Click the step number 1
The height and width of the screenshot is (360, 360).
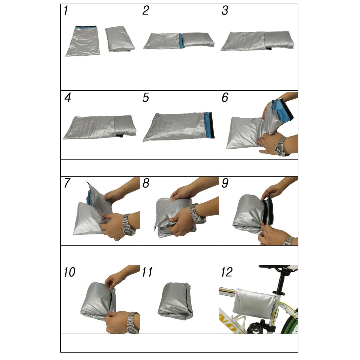(66, 11)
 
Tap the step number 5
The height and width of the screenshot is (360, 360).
(146, 97)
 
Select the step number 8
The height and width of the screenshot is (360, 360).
(146, 183)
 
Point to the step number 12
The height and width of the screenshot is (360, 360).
(227, 272)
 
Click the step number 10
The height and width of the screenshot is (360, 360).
(69, 272)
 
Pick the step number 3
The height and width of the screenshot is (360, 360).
(225, 11)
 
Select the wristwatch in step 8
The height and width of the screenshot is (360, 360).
(197, 214)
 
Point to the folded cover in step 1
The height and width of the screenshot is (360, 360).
(120, 39)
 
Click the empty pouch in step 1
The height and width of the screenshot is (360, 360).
(83, 41)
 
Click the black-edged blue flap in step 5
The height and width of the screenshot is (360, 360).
(209, 125)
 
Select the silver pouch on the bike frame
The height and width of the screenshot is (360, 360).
(254, 304)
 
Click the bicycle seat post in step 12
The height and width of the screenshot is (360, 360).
(281, 283)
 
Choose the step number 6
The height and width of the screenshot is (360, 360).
(225, 97)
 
